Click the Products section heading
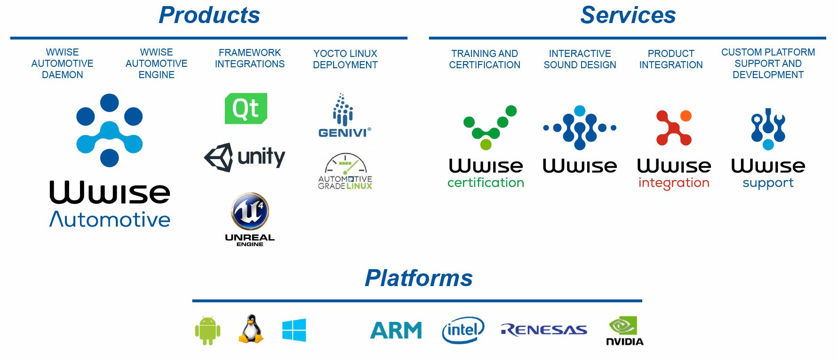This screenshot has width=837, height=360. (x=209, y=15)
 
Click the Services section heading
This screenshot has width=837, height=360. (x=628, y=15)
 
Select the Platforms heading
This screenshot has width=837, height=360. (x=418, y=278)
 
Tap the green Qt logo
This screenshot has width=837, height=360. (x=246, y=109)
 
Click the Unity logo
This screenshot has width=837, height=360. (x=245, y=157)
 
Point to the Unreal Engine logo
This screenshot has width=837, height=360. (x=250, y=219)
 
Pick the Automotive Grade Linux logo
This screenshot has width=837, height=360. (x=345, y=171)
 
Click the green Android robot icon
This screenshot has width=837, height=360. (x=207, y=330)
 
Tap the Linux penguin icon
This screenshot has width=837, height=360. (x=251, y=329)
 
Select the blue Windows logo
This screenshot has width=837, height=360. (x=294, y=330)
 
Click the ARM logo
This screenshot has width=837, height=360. (x=396, y=330)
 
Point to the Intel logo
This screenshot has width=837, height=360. (x=463, y=330)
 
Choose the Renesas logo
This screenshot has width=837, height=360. (x=544, y=330)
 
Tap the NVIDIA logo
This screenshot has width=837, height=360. (x=624, y=331)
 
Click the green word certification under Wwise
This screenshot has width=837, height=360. (x=486, y=183)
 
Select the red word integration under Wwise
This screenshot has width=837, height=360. (x=674, y=183)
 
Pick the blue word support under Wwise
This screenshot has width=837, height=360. (x=768, y=183)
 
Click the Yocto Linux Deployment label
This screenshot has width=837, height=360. (x=345, y=59)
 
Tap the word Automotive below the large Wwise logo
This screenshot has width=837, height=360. (x=110, y=220)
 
